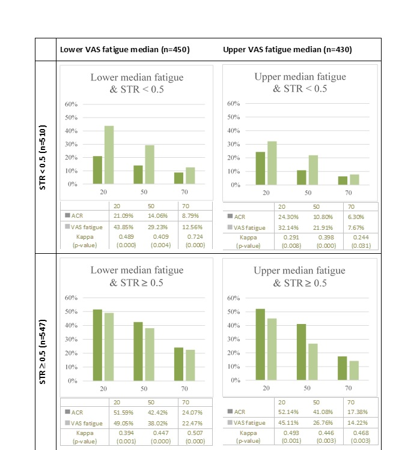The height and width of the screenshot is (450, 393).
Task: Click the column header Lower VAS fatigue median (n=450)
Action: [124, 49]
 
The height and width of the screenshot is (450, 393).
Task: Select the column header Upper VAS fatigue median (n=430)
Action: [287, 49]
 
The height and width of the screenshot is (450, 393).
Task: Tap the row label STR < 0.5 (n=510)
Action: [46, 157]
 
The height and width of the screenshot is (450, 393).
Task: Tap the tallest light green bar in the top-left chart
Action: [109, 155]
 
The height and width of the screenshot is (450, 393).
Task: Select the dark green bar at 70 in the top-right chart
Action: [343, 181]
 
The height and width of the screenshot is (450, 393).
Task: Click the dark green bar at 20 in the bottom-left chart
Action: [98, 345]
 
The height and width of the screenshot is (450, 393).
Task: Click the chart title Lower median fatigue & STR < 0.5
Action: [136, 83]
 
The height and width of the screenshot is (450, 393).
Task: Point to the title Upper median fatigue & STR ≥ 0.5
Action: [300, 277]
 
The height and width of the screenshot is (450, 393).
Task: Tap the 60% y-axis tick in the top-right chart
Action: [234, 104]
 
